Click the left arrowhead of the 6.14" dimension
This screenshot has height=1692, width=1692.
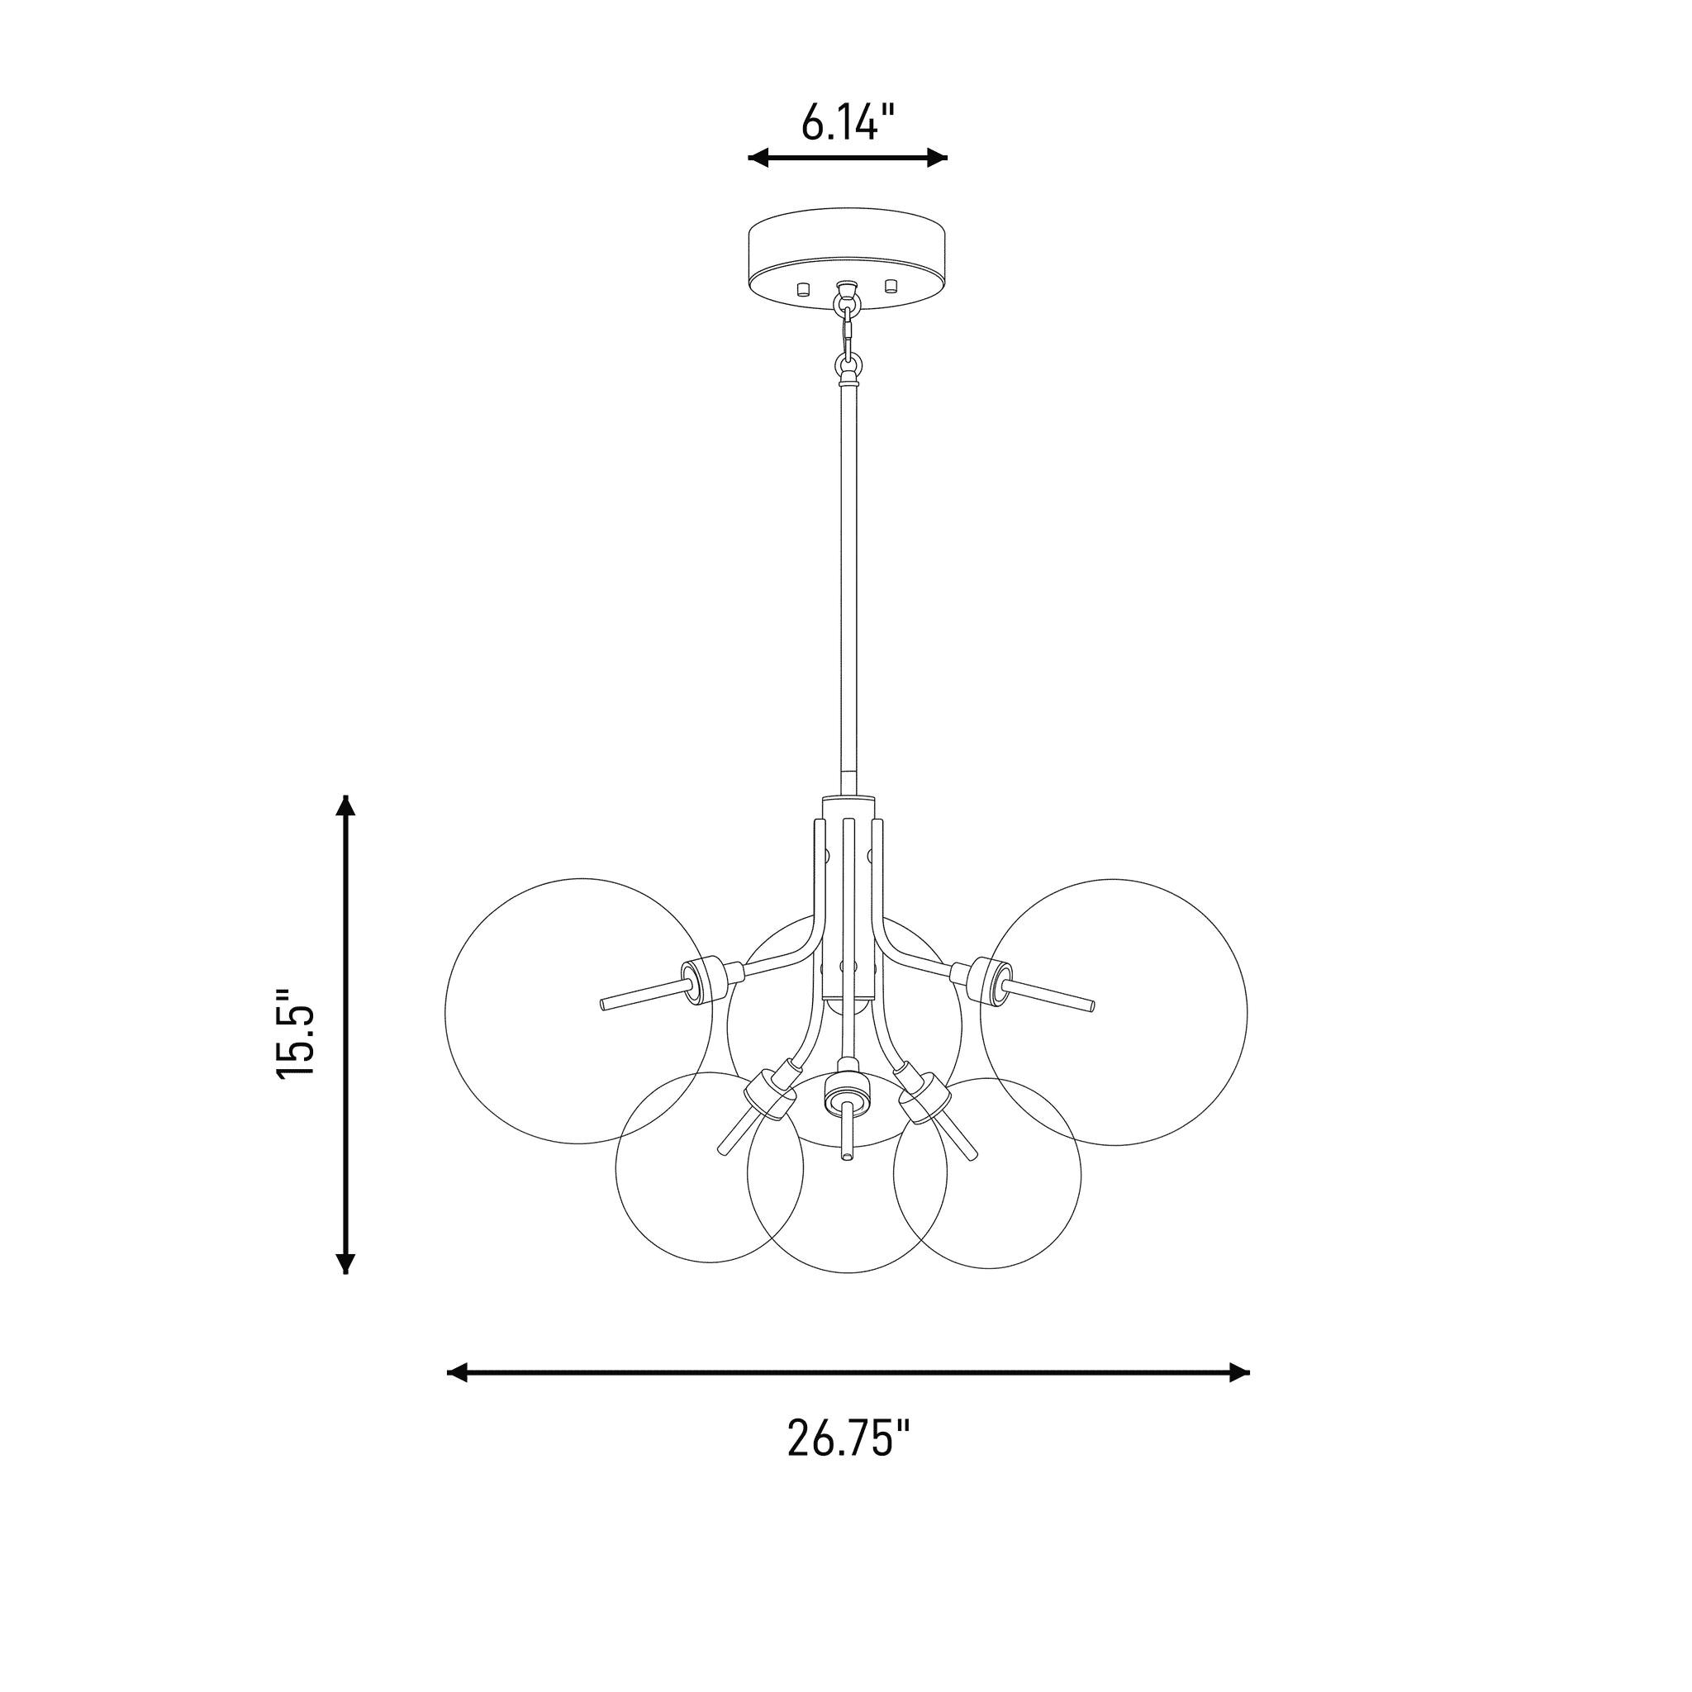point(758,158)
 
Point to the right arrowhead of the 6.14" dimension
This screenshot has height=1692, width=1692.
point(938,158)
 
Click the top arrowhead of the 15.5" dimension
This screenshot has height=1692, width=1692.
point(347,805)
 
